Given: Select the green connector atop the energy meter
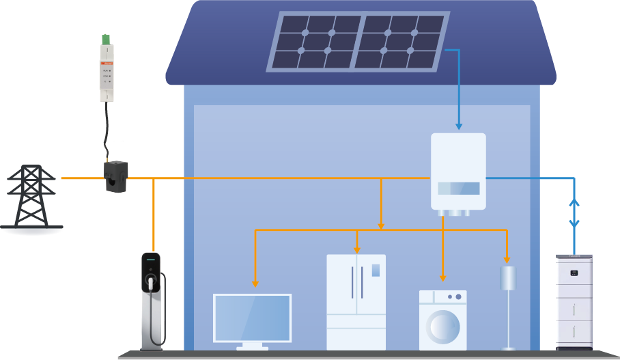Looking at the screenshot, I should click(107, 40).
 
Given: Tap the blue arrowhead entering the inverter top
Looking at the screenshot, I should click(459, 126).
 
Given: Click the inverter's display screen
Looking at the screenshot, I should click(458, 189).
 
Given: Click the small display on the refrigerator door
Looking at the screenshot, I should click(376, 270).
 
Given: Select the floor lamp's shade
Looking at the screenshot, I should click(507, 277).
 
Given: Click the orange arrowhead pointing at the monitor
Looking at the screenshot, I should click(255, 283).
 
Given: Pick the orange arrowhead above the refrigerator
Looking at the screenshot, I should click(356, 249).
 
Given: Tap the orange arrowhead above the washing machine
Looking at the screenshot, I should click(442, 277).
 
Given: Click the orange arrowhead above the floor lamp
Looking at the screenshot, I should click(507, 259).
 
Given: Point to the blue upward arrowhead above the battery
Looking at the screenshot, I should click(574, 202).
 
